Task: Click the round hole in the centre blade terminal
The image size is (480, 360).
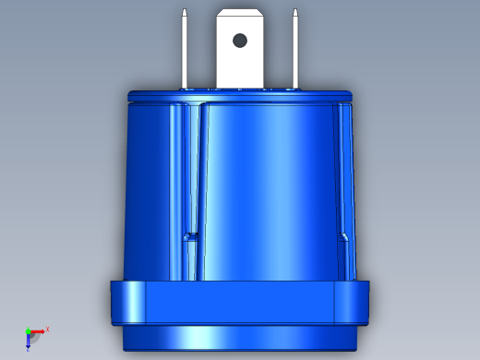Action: pyautogui.click(x=240, y=40)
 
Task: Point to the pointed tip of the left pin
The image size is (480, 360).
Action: pyautogui.click(x=186, y=11)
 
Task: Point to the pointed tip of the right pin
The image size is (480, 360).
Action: pyautogui.click(x=295, y=11)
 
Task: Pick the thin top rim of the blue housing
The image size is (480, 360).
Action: pyautogui.click(x=240, y=93)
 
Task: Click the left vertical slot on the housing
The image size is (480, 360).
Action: pyautogui.click(x=192, y=175)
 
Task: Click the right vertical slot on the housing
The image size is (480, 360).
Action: pyautogui.click(x=344, y=175)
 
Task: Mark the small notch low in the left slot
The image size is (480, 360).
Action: pyautogui.click(x=191, y=237)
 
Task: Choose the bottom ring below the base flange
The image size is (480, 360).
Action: pyautogui.click(x=240, y=338)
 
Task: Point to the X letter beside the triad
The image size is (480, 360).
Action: pyautogui.click(x=47, y=329)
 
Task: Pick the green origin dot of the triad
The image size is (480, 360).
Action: pyautogui.click(x=28, y=330)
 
